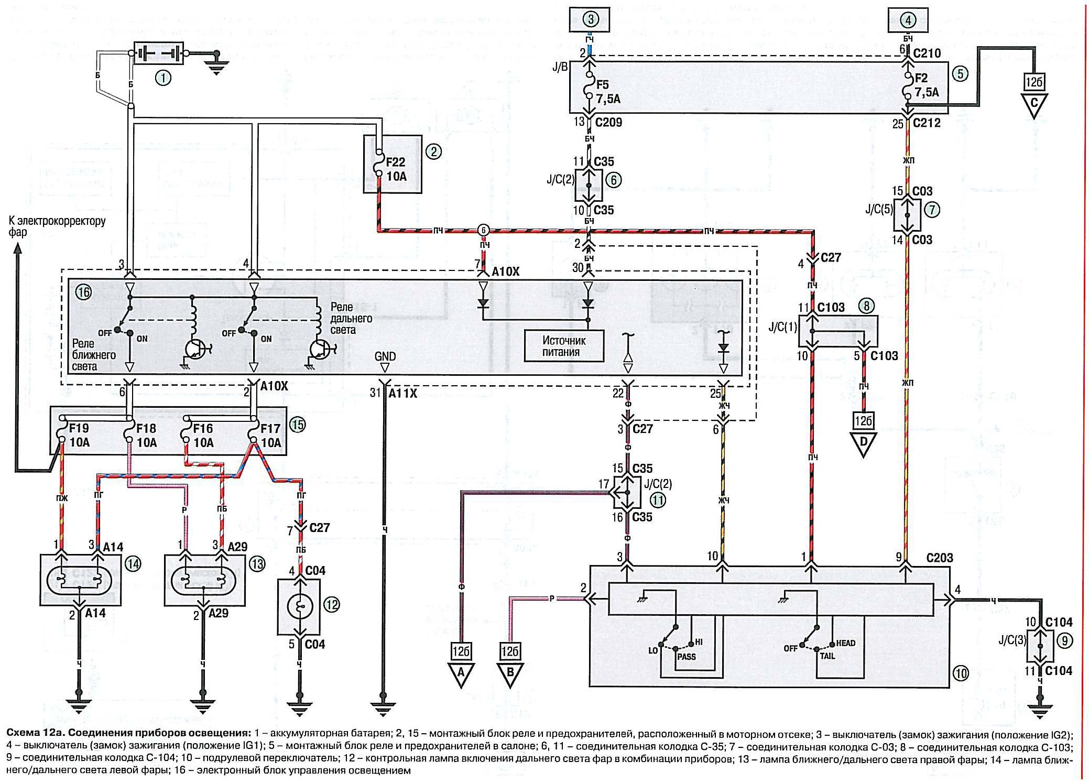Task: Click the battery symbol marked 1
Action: [x=159, y=53]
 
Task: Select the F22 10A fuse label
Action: [x=396, y=169]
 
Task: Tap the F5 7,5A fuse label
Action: [x=607, y=92]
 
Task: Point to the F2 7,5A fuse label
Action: [x=927, y=85]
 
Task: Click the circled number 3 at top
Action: [x=590, y=20]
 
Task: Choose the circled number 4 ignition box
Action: [x=908, y=20]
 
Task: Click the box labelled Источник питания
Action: [x=564, y=346]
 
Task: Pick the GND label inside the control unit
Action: [x=385, y=356]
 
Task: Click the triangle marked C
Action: [x=1033, y=105]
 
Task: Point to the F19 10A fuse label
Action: [x=80, y=436]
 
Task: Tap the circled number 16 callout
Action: [x=83, y=292]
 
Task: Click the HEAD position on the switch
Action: [x=845, y=643]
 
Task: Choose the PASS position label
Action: [x=686, y=657]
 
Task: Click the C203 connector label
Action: [x=939, y=558]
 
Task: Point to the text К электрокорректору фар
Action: [x=57, y=226]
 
